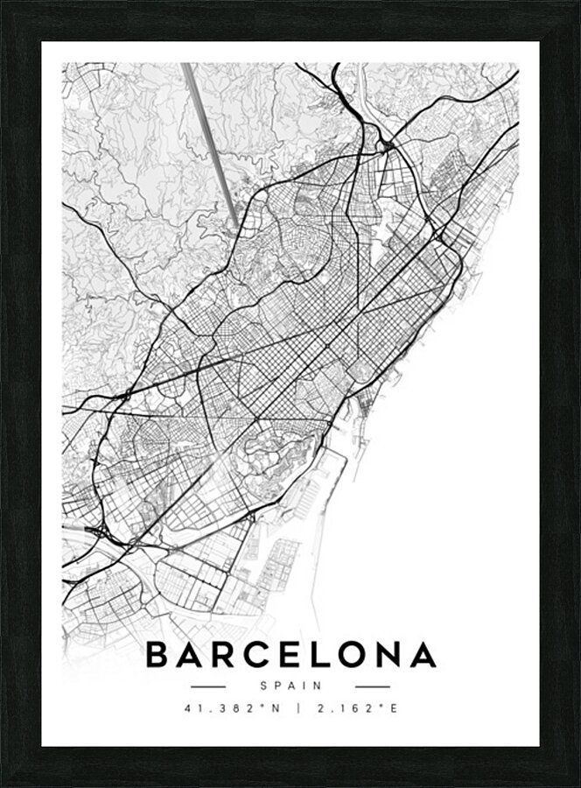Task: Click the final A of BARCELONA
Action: tap(423, 655)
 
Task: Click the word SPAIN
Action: tap(290, 686)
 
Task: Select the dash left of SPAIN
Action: tap(208, 686)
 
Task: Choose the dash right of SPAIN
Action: tap(373, 686)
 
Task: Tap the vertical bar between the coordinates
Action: tap(297, 708)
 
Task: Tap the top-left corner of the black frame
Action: tap(3, 4)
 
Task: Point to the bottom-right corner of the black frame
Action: tap(577, 784)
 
